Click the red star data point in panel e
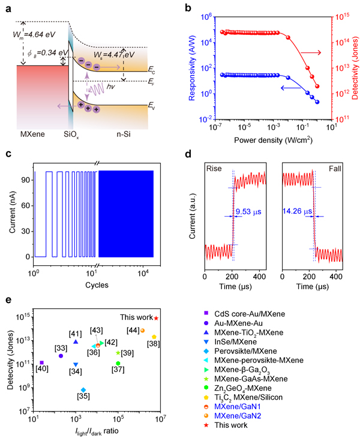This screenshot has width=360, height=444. pos(157,318)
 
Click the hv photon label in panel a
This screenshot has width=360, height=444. pos(111,87)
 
